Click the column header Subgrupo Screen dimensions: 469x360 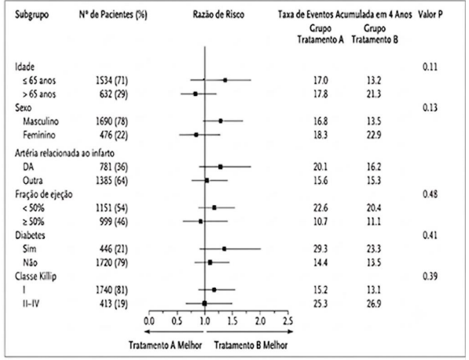(x=32, y=14)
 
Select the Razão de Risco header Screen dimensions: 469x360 (x=218, y=14)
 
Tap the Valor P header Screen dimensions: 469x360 (x=431, y=14)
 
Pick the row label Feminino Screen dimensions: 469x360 (x=39, y=135)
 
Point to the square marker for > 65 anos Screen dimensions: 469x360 (x=196, y=94)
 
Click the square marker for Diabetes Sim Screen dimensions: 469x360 (x=225, y=248)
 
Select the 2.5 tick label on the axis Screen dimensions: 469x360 (x=288, y=321)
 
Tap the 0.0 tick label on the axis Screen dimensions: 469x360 (x=149, y=321)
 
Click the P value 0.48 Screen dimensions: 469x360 (x=431, y=194)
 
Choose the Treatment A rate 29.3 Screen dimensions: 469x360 (x=321, y=248)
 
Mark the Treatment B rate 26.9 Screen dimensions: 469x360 (x=374, y=303)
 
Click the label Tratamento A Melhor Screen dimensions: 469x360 (x=166, y=345)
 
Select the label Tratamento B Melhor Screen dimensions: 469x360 (x=251, y=345)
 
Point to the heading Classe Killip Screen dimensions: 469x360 (x=35, y=276)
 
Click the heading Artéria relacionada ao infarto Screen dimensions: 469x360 (x=64, y=153)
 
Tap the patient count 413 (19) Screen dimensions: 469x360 (x=114, y=303)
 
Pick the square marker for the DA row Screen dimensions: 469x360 (x=221, y=167)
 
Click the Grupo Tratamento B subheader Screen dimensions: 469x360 (x=375, y=34)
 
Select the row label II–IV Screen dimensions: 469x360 (x=31, y=303)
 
